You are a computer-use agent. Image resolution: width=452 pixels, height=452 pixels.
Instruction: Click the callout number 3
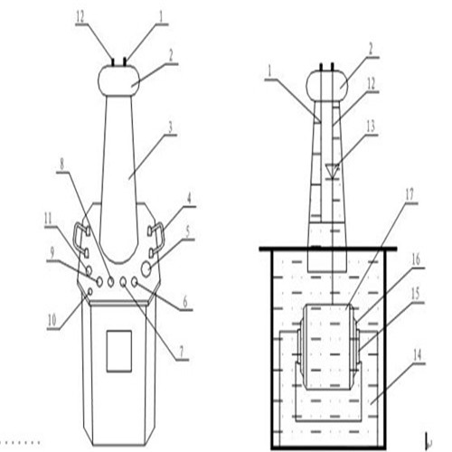(170, 128)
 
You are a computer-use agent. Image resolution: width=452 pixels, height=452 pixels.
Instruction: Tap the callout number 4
(189, 200)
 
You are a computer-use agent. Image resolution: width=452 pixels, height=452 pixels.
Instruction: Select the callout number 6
(185, 302)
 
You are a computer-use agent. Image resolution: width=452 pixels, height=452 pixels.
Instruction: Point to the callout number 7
(181, 352)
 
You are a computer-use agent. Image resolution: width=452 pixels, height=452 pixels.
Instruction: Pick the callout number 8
(61, 165)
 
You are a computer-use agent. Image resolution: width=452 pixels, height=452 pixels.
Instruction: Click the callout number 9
(52, 254)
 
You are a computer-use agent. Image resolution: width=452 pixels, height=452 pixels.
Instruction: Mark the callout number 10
(52, 321)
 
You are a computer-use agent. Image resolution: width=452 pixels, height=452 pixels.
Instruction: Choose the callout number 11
(48, 218)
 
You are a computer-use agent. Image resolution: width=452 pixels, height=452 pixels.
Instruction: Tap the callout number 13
(371, 127)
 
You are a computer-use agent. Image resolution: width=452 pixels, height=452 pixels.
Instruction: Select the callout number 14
(417, 356)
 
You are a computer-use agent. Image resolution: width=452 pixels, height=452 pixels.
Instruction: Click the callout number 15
(416, 294)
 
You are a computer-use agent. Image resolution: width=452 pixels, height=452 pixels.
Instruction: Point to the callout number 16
(416, 259)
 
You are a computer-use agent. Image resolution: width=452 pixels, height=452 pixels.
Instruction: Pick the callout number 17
(410, 195)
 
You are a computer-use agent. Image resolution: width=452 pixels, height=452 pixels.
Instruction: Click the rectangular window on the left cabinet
(119, 351)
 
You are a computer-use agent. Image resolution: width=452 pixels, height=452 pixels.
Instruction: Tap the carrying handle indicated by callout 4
(156, 237)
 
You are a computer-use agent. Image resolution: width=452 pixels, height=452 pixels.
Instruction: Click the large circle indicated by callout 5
(146, 269)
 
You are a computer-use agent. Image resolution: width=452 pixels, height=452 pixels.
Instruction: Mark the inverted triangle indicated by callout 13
(333, 171)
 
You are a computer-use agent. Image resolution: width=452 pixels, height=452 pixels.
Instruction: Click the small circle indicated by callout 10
(89, 291)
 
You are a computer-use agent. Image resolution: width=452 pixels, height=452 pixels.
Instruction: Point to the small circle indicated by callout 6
(135, 282)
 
